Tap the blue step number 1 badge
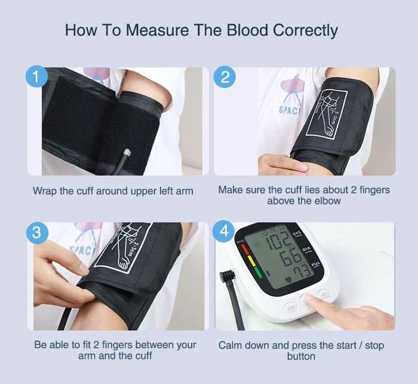(36, 77)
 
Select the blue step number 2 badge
(225, 77)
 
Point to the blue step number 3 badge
(36, 233)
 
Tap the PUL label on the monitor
(316, 264)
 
